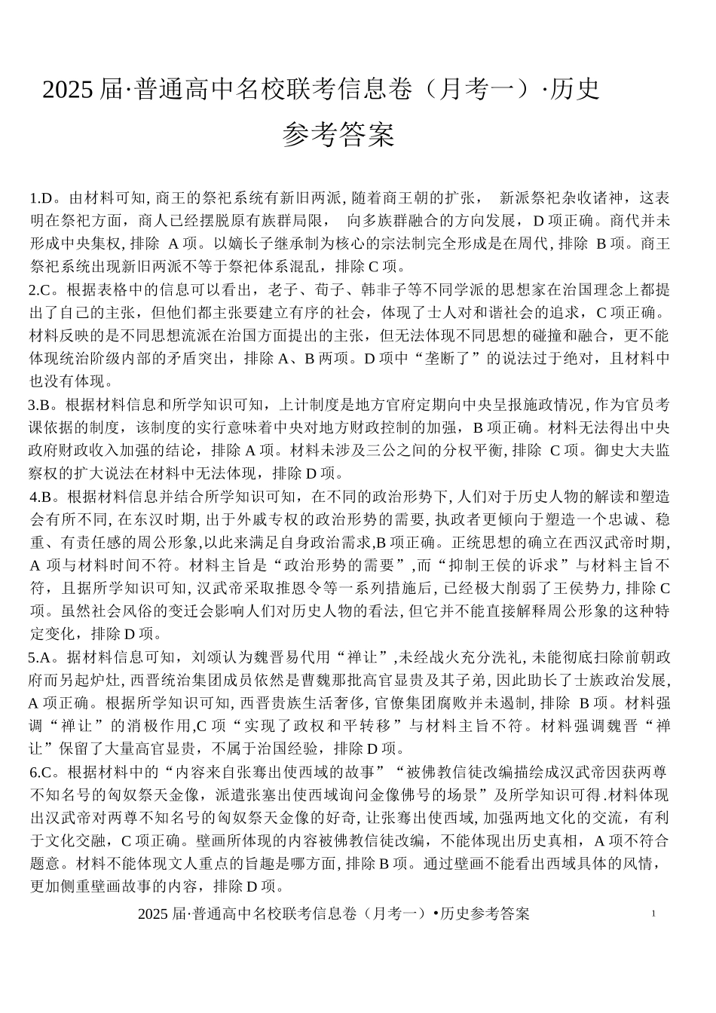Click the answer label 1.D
tap(41, 199)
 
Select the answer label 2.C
tap(40, 291)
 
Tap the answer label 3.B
tap(40, 405)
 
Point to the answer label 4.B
tap(41, 497)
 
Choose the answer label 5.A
tap(40, 657)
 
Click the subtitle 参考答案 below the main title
tap(338, 136)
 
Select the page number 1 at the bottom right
tap(653, 914)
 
